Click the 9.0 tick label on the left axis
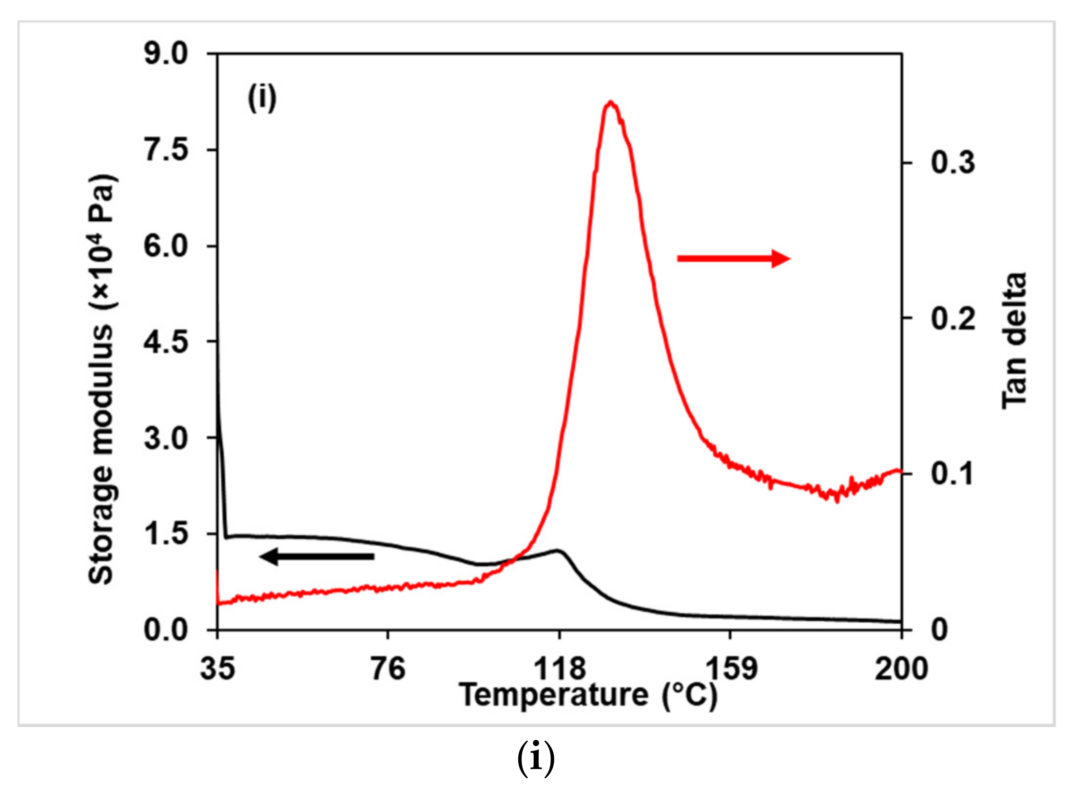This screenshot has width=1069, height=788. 166,54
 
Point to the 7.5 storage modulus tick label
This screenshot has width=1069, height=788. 166,150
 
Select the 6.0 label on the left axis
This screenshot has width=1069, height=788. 166,246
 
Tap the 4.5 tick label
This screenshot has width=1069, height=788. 166,341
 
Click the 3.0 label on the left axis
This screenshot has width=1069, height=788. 166,438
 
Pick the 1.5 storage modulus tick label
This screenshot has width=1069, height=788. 166,534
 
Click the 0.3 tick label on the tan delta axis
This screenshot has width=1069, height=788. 953,162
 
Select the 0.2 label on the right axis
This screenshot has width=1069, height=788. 953,318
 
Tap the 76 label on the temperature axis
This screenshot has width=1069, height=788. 388,669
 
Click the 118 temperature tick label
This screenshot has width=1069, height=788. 559,669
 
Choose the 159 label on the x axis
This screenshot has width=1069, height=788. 731,669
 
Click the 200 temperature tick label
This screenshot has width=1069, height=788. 901,669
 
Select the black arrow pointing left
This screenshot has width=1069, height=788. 317,556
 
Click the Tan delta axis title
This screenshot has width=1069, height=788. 1014,341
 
